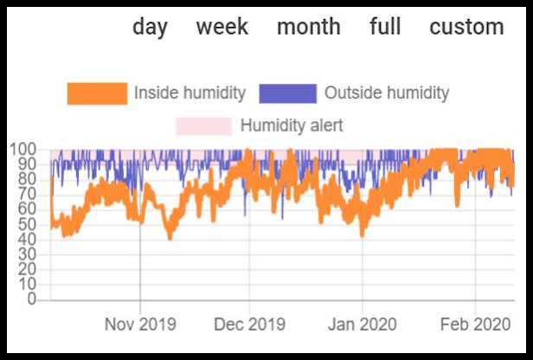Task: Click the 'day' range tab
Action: [150, 27]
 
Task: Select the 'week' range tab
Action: [222, 27]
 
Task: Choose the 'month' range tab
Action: [308, 27]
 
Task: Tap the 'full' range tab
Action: [384, 27]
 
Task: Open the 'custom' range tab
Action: [466, 27]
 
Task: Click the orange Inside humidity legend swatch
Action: [97, 93]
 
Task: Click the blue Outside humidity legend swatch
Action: [286, 93]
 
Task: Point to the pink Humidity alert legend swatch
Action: [203, 125]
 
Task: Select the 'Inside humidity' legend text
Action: [189, 93]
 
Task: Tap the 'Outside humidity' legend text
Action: [386, 93]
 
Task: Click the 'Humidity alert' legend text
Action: [292, 125]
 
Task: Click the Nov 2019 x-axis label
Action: [140, 325]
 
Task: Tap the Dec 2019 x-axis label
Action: [249, 325]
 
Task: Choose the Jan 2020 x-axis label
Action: [362, 325]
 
